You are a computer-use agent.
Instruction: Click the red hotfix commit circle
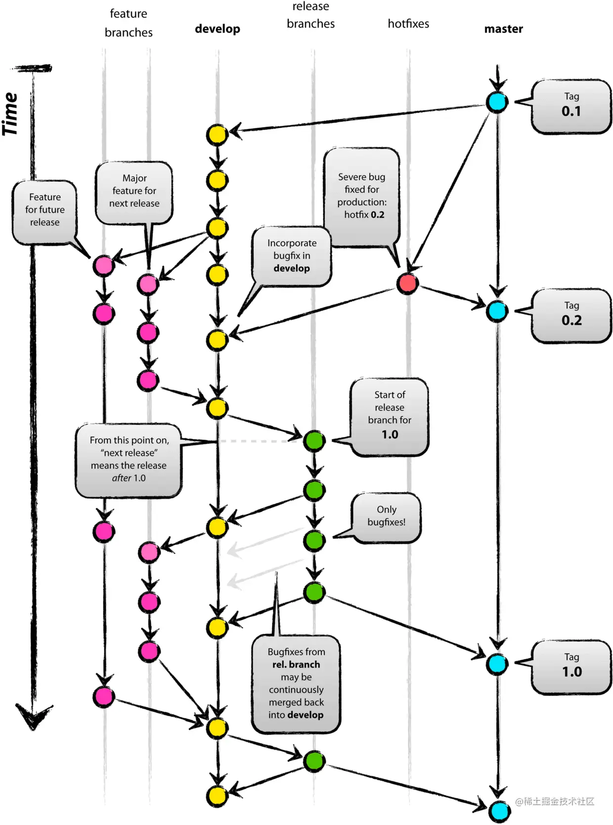coord(407,284)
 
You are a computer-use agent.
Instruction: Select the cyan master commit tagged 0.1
coord(497,102)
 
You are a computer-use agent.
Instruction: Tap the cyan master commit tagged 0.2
coord(497,311)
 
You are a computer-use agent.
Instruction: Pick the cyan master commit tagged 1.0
coord(497,664)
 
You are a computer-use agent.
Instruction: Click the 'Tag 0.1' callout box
coord(571,106)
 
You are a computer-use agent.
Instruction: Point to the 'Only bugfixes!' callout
coord(386,517)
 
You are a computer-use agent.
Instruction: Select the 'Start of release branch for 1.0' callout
coord(390,415)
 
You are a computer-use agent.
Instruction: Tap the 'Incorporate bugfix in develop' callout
coord(292,256)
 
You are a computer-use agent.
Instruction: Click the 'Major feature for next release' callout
coord(134,192)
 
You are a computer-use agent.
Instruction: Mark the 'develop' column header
coord(218,29)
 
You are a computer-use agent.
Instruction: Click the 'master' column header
coord(503,29)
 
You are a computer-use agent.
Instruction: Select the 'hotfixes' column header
coord(408,23)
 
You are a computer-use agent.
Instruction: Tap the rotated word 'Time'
coord(11,114)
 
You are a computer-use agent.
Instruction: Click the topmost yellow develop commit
coord(217,135)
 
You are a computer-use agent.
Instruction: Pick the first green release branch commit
coord(314,440)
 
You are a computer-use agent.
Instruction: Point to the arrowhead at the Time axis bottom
coord(33,717)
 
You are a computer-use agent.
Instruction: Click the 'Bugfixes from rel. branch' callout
coord(296,683)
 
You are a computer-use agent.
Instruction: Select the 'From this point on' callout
coord(129,459)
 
